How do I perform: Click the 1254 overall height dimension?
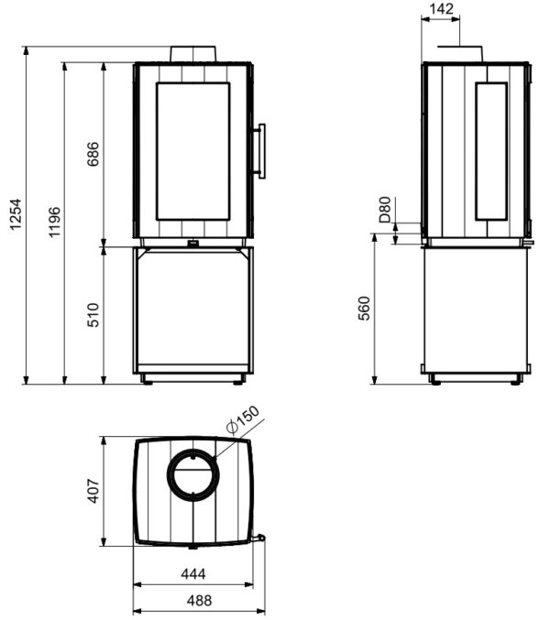(16, 214)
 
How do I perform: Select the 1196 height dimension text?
(55, 222)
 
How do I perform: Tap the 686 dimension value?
(93, 154)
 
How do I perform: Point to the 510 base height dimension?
(93, 315)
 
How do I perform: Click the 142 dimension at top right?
(441, 8)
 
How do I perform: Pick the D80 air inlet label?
(385, 210)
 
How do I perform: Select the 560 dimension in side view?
(364, 308)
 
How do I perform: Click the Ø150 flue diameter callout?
(243, 420)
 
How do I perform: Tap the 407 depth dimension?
(93, 491)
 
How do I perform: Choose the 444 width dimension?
(193, 573)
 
